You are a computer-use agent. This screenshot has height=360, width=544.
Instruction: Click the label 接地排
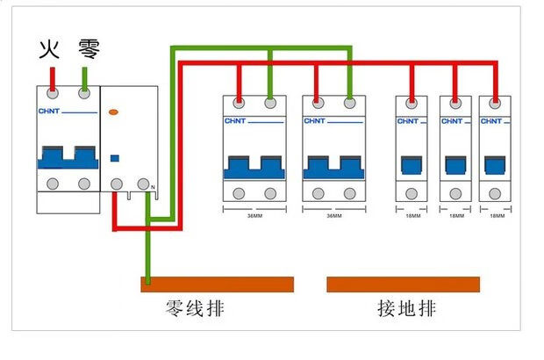click(x=406, y=309)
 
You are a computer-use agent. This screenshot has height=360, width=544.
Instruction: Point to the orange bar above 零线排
click(x=217, y=284)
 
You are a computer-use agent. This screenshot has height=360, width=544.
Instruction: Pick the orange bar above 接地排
click(x=403, y=284)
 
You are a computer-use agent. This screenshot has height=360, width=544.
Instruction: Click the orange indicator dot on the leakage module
click(x=113, y=112)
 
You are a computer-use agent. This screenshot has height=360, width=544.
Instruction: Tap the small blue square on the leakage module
click(x=113, y=158)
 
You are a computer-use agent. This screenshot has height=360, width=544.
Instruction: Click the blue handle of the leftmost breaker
click(x=68, y=156)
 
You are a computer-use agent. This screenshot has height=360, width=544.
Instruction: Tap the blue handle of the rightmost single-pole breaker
click(x=496, y=164)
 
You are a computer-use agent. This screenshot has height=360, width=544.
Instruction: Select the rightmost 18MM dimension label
click(x=497, y=215)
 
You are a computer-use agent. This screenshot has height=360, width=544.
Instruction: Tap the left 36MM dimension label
click(x=254, y=215)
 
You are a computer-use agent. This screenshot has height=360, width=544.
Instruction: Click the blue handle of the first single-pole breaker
click(x=410, y=164)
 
